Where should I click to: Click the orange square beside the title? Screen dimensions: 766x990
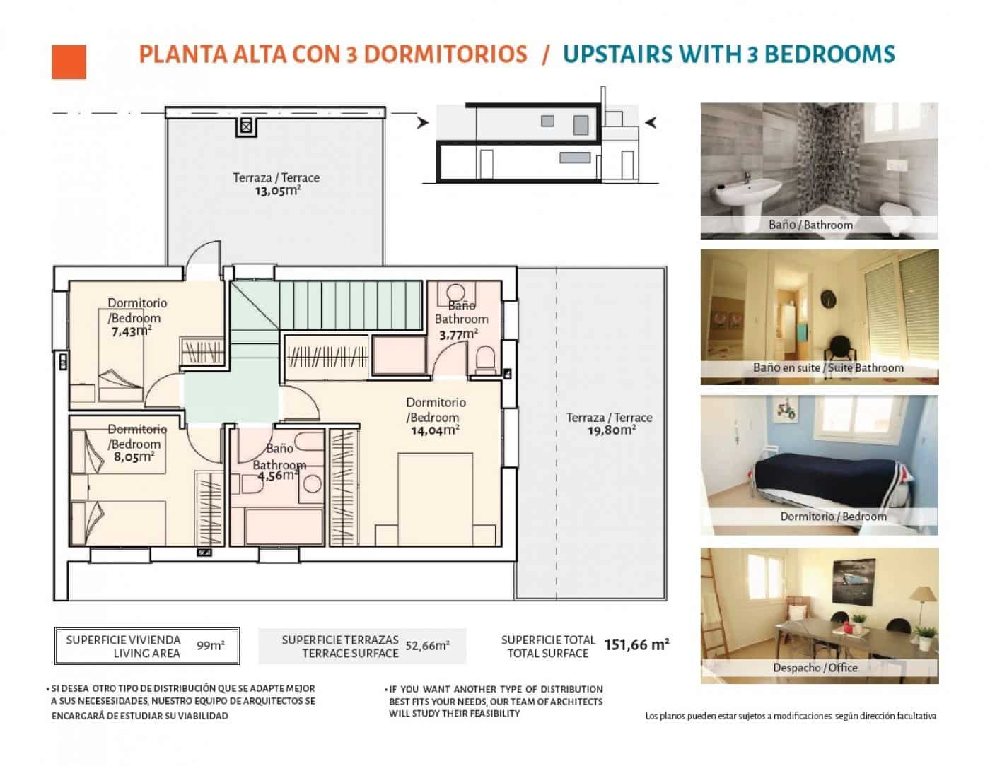[x=69, y=61]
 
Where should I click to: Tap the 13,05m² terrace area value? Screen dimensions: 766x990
[x=277, y=191]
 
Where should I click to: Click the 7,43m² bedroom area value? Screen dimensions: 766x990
[x=131, y=331]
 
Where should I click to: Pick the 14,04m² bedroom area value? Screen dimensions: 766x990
[x=435, y=430]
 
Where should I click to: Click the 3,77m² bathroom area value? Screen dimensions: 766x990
[x=458, y=334]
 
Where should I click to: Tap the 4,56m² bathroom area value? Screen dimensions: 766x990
[x=278, y=476]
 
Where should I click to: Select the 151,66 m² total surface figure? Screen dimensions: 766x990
[x=636, y=644]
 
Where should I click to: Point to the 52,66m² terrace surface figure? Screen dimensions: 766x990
[x=428, y=646]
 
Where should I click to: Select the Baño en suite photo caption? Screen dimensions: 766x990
[x=828, y=368]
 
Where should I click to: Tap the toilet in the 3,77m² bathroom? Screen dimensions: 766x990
[x=486, y=360]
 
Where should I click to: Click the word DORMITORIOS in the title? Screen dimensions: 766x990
[x=436, y=54]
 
